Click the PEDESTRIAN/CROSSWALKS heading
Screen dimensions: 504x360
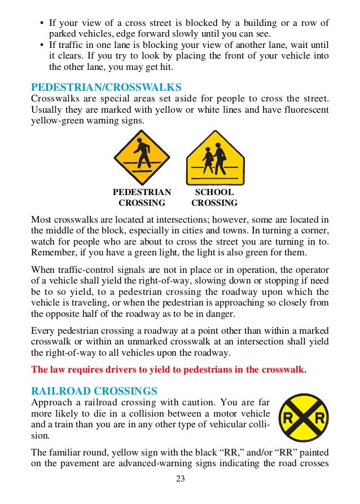(x=106, y=87)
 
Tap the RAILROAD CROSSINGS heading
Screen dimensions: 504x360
(x=94, y=391)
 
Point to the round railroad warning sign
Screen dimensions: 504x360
(x=304, y=418)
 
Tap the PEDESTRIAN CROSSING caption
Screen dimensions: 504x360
(x=142, y=197)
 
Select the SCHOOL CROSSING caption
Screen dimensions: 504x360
(x=214, y=197)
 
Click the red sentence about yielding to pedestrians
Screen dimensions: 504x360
(x=169, y=370)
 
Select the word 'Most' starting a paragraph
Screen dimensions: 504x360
(x=41, y=219)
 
